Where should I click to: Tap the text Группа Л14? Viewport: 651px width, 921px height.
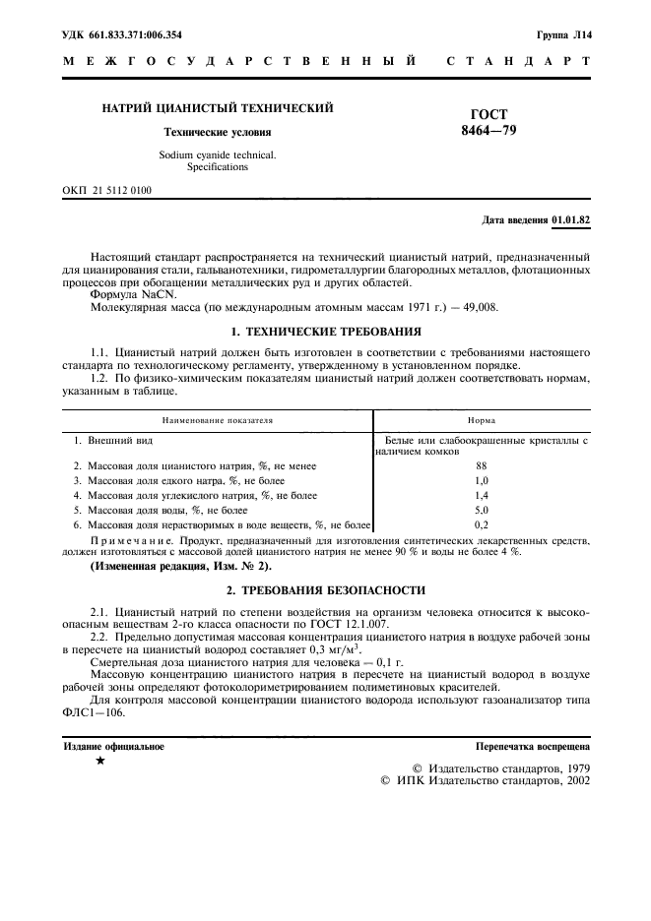click(x=564, y=34)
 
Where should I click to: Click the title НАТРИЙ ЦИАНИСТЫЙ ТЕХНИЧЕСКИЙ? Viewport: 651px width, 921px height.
click(x=218, y=108)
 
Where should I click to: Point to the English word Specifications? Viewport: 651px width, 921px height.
click(x=217, y=167)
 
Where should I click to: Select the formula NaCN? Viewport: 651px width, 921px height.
click(x=159, y=294)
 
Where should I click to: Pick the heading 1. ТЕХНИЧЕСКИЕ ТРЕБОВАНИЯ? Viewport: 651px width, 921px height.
click(x=325, y=331)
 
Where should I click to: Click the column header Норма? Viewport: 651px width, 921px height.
click(x=482, y=419)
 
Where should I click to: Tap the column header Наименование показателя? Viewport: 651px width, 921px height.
click(x=212, y=419)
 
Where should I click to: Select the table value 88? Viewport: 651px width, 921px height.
click(x=482, y=465)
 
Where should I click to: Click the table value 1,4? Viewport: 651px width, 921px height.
click(x=482, y=496)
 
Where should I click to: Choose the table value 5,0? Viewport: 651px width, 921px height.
click(x=482, y=512)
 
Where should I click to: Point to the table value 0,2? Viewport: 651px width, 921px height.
click(x=482, y=526)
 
